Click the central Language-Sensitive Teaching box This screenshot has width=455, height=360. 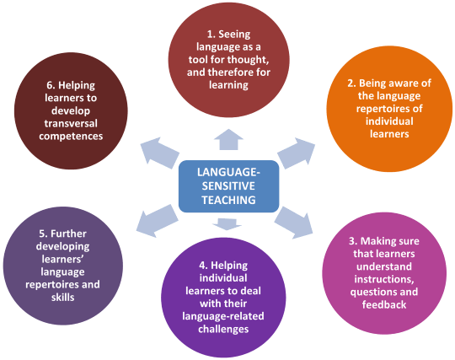tap(228, 186)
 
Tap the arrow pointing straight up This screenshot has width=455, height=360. tap(228, 140)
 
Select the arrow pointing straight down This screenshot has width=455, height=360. tap(227, 223)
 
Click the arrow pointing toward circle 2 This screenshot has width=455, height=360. tap(297, 153)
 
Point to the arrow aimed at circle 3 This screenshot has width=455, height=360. tap(294, 223)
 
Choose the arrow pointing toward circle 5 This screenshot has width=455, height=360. tap(157, 220)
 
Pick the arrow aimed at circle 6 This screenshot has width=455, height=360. tap(159, 152)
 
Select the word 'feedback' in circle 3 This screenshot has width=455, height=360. tap(384, 304)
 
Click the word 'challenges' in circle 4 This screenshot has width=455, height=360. tap(223, 329)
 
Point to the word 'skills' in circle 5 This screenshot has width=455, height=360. tap(62, 297)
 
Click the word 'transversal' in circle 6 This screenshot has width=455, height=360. tap(71, 123)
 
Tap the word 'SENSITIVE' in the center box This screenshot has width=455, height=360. tap(228, 185)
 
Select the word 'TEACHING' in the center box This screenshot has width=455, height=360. tap(228, 200)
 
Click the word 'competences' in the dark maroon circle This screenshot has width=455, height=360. tap(71, 137)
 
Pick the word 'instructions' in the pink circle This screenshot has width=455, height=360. tap(383, 279)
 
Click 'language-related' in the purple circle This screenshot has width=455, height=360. tap(223, 316)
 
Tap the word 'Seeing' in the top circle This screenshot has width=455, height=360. tap(234, 35)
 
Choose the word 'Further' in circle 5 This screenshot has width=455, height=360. tap(68, 234)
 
